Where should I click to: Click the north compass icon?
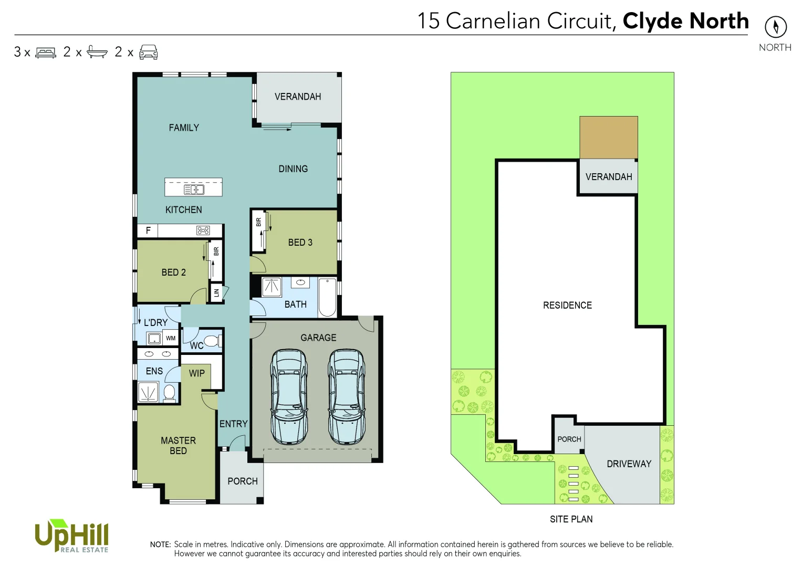pyautogui.click(x=775, y=27)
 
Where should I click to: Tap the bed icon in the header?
pyautogui.click(x=46, y=52)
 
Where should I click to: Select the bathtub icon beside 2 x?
pyautogui.click(x=97, y=52)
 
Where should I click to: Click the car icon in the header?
pyautogui.click(x=148, y=52)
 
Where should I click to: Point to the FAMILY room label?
pyautogui.click(x=184, y=128)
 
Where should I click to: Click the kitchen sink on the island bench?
pyautogui.click(x=193, y=190)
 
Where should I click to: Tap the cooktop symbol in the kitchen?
pyautogui.click(x=203, y=230)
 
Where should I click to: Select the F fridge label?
pyautogui.click(x=148, y=230)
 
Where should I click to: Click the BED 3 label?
pyautogui.click(x=300, y=243)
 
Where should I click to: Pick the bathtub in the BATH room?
pyautogui.click(x=327, y=297)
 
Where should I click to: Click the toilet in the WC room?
pyautogui.click(x=211, y=341)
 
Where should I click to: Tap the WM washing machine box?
pyautogui.click(x=171, y=338)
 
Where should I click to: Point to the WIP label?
pyautogui.click(x=197, y=373)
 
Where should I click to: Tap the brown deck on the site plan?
pyautogui.click(x=608, y=137)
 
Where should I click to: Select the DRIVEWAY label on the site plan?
pyautogui.click(x=629, y=464)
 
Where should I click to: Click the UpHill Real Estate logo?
pyautogui.click(x=71, y=536)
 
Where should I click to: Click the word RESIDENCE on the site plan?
pyautogui.click(x=567, y=305)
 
